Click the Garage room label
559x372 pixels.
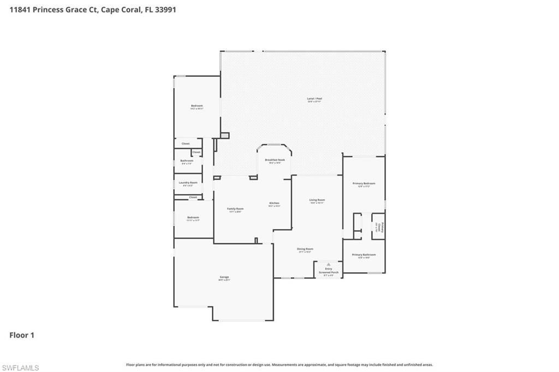coord(224,277)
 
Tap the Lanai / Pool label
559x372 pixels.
coord(314,99)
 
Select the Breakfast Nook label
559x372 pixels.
coord(275,160)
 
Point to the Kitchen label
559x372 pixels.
coord(274,203)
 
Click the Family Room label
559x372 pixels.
coord(235,209)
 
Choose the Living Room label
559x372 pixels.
coord(317,200)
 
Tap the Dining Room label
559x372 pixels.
coord(305,249)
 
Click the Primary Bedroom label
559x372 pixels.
coord(364,184)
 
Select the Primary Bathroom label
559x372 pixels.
coord(364,255)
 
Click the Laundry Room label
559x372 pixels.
coord(188,183)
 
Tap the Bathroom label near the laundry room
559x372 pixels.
coord(187,160)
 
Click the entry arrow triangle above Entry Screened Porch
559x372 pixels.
coord(329,263)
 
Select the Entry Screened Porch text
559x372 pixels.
coord(329,270)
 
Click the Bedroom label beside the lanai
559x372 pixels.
coord(197,105)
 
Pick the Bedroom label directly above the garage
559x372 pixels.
coord(193,218)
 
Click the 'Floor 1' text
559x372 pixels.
coord(22,335)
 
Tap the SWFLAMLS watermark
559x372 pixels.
coord(20,368)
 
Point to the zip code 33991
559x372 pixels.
coord(166,9)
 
